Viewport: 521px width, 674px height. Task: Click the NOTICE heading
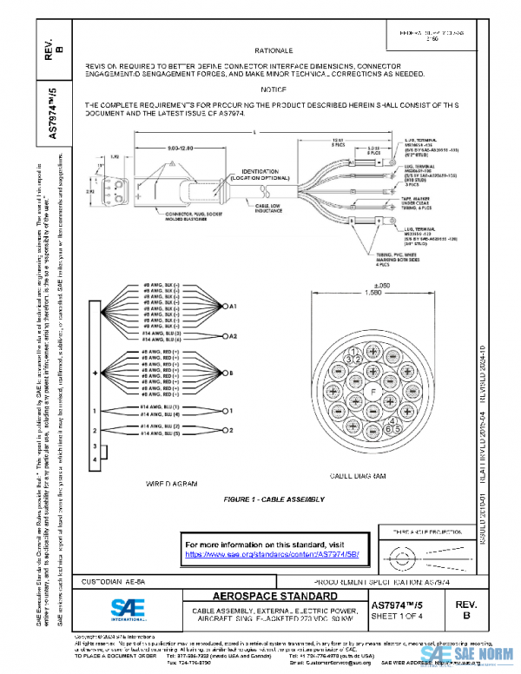tap(272, 90)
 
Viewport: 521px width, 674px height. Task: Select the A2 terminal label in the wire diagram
tap(233, 335)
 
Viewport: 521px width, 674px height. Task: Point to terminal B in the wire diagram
tap(230, 373)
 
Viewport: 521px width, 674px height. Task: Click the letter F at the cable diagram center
tap(374, 393)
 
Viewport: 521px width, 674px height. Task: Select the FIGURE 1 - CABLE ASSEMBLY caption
tap(274, 499)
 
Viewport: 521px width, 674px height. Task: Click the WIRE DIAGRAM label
tap(171, 482)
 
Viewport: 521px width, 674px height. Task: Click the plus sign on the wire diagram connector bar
tap(95, 373)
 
